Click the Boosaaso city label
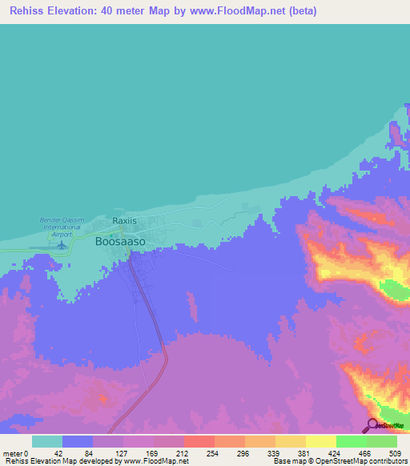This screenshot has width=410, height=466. pos(120,240)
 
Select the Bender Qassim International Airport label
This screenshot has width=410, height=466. pos(61,223)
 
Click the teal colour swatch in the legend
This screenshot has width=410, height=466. pos(47,441)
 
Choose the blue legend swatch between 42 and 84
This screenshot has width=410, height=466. pos(78,441)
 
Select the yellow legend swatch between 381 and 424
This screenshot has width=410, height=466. pos(321,441)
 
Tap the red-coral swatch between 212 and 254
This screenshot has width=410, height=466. pos(199,441)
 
